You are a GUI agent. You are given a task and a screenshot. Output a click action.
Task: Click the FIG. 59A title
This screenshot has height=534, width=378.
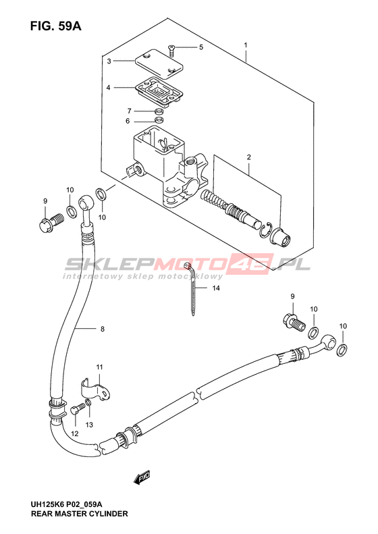point(56,26)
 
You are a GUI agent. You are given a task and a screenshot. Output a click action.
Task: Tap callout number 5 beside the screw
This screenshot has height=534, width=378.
point(201,47)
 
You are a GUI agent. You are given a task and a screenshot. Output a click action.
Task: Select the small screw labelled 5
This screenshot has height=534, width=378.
point(171,50)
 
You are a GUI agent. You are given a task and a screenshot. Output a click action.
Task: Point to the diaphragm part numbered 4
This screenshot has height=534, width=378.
point(159,90)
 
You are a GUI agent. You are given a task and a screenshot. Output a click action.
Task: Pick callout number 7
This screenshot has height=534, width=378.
point(129,111)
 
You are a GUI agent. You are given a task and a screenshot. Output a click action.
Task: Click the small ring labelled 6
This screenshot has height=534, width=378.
point(159,120)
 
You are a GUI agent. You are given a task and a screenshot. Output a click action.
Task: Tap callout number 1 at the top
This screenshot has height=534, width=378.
point(245,45)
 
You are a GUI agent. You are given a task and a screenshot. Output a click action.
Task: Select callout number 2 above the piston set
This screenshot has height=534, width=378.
point(249,157)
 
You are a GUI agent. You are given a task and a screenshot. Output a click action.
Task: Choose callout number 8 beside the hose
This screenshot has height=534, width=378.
point(102,329)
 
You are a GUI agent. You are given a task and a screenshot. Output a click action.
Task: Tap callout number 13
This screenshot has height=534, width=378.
point(89,425)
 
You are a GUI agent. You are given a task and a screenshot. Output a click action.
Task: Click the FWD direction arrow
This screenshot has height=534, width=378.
point(142,478)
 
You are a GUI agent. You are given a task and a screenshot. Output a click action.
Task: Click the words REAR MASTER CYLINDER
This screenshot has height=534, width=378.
point(80,514)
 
